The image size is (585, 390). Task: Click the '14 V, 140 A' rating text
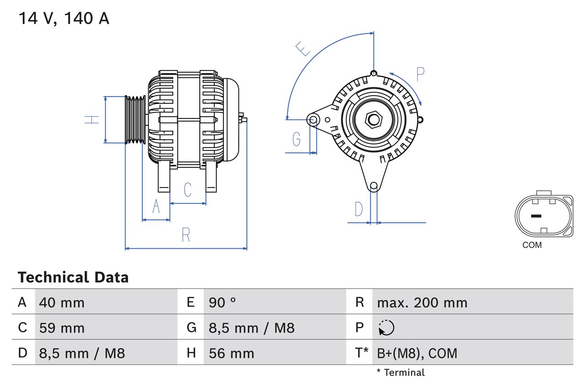64,18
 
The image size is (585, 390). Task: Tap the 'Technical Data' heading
73,278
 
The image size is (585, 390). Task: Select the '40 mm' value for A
62,302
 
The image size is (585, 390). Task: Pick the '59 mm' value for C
62,328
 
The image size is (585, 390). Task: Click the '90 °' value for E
223,302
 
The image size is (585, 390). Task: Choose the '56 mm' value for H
231,353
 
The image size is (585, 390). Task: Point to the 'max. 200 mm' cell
422,302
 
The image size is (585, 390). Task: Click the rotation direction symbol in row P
386,328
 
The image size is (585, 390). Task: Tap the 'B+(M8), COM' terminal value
417,353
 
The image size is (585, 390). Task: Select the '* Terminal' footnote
400,373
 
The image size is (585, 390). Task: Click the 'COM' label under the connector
532,245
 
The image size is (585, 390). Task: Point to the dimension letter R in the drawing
186,235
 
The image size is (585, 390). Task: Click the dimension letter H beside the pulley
92,120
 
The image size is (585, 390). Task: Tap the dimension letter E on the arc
303,48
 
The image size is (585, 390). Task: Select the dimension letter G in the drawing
297,139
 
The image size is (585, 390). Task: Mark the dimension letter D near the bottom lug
359,209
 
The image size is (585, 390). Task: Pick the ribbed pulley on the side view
135,120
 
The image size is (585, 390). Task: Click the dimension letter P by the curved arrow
420,74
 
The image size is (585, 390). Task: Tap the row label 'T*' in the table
361,353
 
